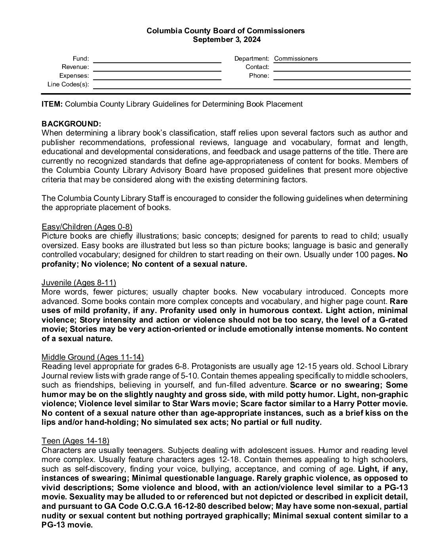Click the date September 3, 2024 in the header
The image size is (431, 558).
[x=227, y=39]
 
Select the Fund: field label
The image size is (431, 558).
[x=81, y=59]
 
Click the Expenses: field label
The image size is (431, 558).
[x=74, y=76]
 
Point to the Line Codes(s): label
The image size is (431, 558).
[x=68, y=84]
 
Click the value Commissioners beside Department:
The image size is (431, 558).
[x=296, y=59]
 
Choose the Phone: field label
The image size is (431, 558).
[x=259, y=76]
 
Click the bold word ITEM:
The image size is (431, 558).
[x=52, y=104]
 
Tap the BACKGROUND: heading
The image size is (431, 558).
[x=71, y=124]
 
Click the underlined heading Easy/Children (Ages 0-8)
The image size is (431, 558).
[x=87, y=227]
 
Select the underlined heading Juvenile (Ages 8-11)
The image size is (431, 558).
[x=79, y=283]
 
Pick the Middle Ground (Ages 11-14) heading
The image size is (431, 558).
[x=93, y=357]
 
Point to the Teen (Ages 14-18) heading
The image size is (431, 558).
[x=75, y=441]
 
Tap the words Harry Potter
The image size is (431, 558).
[x=358, y=404]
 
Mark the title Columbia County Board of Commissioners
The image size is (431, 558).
[x=226, y=31]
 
